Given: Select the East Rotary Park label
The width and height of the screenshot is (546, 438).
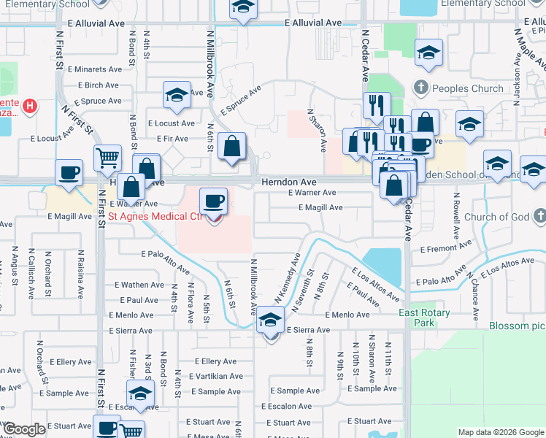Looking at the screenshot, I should coord(424,318).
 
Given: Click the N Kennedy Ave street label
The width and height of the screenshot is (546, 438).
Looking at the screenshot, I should coord(288,279).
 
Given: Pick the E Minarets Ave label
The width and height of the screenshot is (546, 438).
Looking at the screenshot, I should coord(94,69).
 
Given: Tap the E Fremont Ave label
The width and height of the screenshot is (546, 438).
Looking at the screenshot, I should coord(447,249).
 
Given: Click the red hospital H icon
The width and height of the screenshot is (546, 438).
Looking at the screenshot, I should coord(29,107).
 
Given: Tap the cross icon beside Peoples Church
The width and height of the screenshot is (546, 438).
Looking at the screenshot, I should coord(420,88).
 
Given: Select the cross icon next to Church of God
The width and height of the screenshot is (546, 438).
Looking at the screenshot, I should coord(538,216).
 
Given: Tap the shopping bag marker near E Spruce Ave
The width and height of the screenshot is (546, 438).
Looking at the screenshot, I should coord(231,146).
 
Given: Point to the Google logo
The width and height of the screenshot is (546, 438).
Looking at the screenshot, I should coord(25,429).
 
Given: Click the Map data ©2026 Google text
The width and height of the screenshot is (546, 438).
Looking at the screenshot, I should coord(500,432).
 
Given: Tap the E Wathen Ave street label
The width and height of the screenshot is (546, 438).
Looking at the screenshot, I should coord(139,285).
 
